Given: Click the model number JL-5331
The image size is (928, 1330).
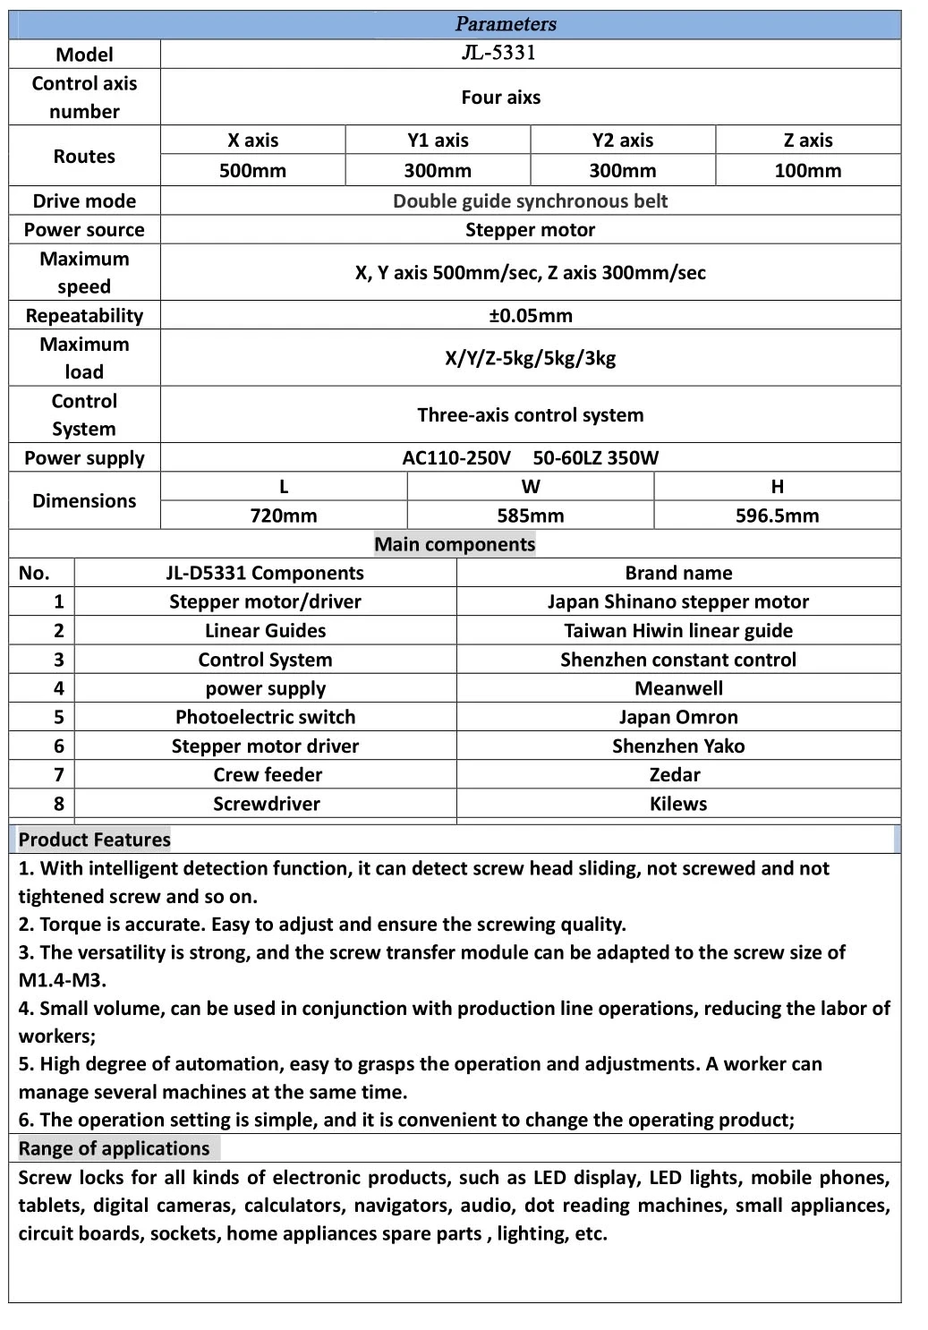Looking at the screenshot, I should tap(498, 53).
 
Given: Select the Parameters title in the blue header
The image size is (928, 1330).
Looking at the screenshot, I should tap(506, 24).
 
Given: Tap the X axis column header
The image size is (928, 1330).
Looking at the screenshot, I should tap(252, 141).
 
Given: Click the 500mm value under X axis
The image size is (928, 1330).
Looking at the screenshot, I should tap(252, 171).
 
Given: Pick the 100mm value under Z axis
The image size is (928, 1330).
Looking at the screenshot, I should tap(807, 171).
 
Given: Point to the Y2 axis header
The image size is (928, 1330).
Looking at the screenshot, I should tap(622, 141).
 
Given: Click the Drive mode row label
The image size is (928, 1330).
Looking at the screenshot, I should tap(84, 201).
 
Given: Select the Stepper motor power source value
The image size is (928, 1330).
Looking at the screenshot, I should tap(530, 230).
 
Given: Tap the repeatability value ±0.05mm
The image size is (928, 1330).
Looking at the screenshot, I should tap(530, 316).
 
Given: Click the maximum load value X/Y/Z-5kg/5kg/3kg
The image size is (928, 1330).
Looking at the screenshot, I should tap(530, 359).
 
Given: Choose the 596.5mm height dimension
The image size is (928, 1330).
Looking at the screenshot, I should tap(777, 516).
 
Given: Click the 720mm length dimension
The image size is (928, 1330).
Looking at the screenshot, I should tap(283, 516).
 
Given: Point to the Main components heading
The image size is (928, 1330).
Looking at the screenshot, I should tap(455, 544).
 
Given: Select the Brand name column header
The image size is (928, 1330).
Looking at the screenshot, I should tap(678, 573).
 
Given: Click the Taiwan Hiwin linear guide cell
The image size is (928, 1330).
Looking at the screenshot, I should tap(678, 631).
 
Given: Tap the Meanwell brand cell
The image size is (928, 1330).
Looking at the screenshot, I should tap(678, 688).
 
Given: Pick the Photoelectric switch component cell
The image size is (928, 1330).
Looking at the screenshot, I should tap(265, 717).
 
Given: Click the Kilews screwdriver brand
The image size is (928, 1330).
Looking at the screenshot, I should tap(678, 804).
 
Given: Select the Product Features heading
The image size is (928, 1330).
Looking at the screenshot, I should tap(94, 840).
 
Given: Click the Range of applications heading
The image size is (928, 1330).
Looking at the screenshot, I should tap(114, 1148).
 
